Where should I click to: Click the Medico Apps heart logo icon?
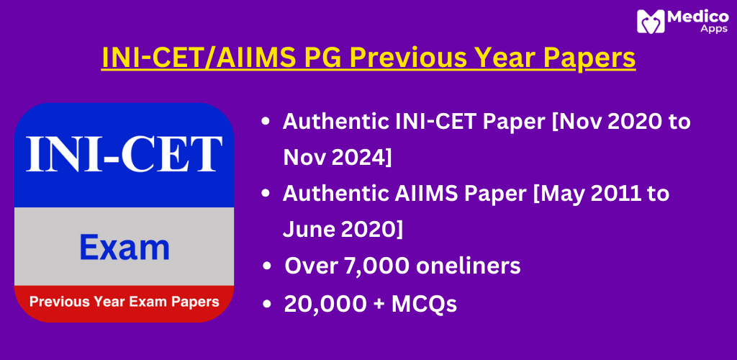(x=651, y=21)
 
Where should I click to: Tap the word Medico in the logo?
(x=697, y=17)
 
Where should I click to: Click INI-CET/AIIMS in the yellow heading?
(x=199, y=58)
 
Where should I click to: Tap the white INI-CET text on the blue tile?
(x=124, y=153)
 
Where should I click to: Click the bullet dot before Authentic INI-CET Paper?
(x=266, y=122)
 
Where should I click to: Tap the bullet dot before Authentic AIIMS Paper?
(x=266, y=193)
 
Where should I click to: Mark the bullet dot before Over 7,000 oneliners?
(x=268, y=266)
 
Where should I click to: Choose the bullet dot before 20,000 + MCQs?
(x=268, y=304)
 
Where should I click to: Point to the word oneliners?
(x=467, y=266)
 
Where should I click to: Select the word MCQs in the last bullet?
(x=424, y=304)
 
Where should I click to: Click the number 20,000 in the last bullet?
(x=325, y=305)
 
